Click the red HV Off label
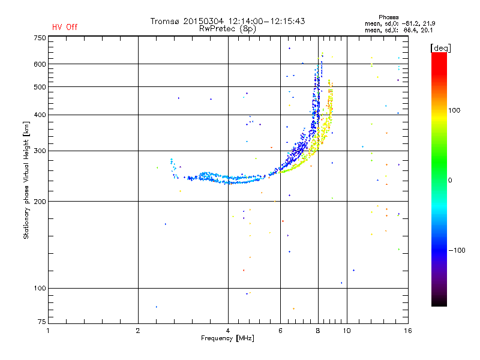(65, 27)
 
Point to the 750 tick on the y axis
(40, 37)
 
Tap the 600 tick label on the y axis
(40, 64)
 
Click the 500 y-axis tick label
(40, 87)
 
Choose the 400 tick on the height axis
(40, 115)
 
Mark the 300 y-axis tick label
(40, 151)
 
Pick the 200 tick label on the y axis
(40, 201)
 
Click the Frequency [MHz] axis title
(227, 338)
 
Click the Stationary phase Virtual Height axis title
(26, 181)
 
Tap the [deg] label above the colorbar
(441, 47)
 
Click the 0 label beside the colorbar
(451, 180)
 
